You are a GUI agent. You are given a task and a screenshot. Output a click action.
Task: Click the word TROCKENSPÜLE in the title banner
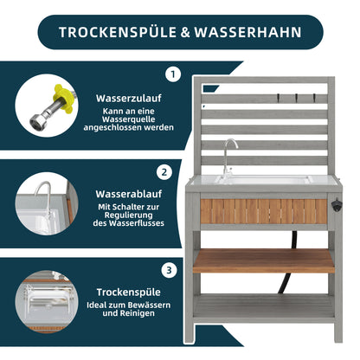(x=118, y=32)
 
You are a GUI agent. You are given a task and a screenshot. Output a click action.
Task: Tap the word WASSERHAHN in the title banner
(x=247, y=32)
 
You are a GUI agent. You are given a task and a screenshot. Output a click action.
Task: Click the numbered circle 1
(x=173, y=74)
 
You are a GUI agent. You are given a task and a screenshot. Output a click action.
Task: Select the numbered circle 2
(x=164, y=172)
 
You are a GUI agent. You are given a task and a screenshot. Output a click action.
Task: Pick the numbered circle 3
(x=169, y=271)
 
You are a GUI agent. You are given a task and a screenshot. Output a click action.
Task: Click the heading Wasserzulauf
(x=129, y=99)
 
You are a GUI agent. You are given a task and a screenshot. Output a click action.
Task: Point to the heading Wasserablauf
(x=129, y=194)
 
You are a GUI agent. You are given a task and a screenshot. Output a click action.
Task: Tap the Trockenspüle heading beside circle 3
(x=128, y=292)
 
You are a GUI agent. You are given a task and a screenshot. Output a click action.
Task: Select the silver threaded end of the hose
(x=38, y=121)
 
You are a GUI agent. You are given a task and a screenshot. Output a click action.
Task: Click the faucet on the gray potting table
(x=228, y=157)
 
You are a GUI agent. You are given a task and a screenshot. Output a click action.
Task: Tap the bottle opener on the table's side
(x=337, y=205)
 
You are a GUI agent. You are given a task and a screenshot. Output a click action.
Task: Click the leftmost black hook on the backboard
(x=279, y=98)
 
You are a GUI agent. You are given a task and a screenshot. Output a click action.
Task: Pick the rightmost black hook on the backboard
(x=314, y=98)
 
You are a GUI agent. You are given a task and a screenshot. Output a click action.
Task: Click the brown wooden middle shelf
(x=264, y=260)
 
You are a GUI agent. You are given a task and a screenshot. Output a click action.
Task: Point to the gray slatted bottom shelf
(x=264, y=305)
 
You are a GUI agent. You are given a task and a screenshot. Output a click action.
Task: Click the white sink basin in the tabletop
(x=264, y=180)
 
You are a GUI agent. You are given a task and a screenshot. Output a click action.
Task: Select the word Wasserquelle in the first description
(x=129, y=119)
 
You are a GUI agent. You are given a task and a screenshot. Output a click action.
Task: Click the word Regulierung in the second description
(x=128, y=215)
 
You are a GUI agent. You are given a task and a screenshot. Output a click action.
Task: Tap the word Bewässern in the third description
(x=149, y=305)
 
